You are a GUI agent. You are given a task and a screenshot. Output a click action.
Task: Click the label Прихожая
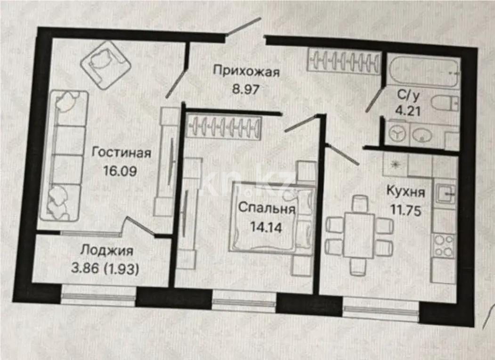click(x=246, y=72)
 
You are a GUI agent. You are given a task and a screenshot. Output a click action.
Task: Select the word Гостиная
click(x=122, y=153)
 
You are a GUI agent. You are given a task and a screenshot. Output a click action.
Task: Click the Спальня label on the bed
click(x=267, y=209)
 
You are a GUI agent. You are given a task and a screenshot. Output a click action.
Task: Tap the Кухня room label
click(x=406, y=192)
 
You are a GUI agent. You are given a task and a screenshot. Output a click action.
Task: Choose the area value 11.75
click(x=406, y=208)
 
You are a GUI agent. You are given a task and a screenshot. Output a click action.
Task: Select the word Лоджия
click(x=106, y=250)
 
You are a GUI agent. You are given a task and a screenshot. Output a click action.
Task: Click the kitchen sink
click(x=445, y=193)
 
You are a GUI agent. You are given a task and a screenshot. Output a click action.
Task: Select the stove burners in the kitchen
click(x=444, y=245)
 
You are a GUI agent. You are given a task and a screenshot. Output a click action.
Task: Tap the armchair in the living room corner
click(x=105, y=65)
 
